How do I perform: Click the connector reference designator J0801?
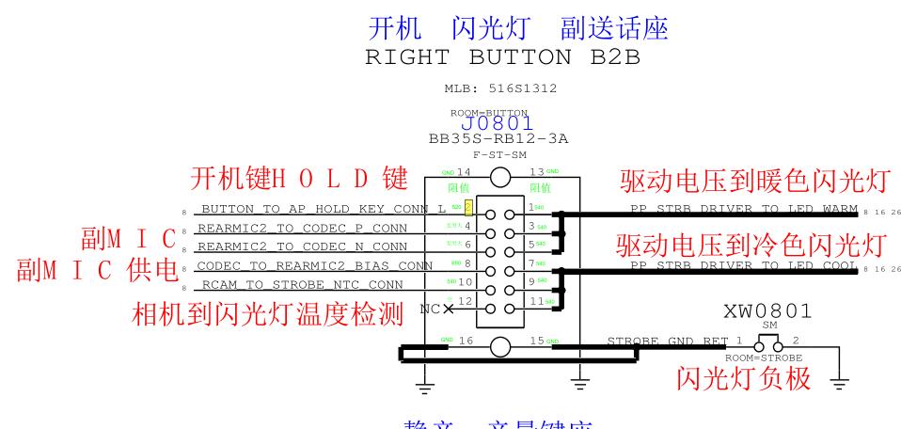[x=498, y=123]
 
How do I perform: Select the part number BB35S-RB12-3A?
[x=498, y=138]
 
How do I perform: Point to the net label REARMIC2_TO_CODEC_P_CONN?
[x=311, y=228]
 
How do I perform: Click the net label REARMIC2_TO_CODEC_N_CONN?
[x=311, y=246]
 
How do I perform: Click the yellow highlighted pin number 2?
[x=467, y=206]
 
